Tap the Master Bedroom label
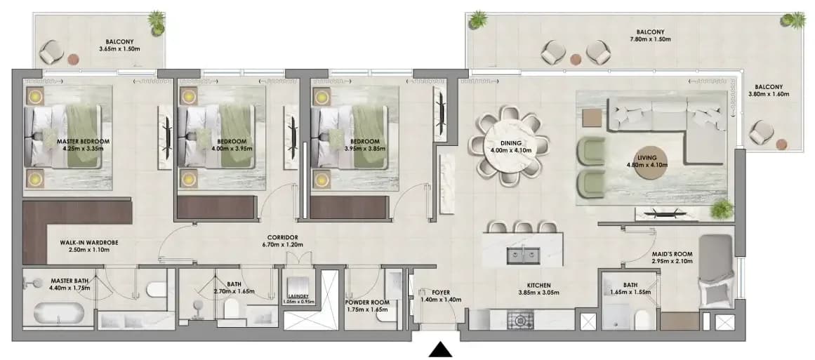83,141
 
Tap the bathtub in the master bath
58,313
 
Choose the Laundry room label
298,297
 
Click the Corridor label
284,237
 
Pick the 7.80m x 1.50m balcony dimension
650,39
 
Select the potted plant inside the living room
722,209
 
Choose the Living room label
647,157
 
